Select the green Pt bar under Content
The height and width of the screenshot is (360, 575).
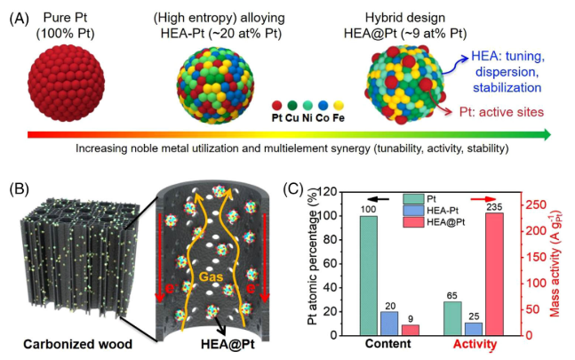369,275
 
